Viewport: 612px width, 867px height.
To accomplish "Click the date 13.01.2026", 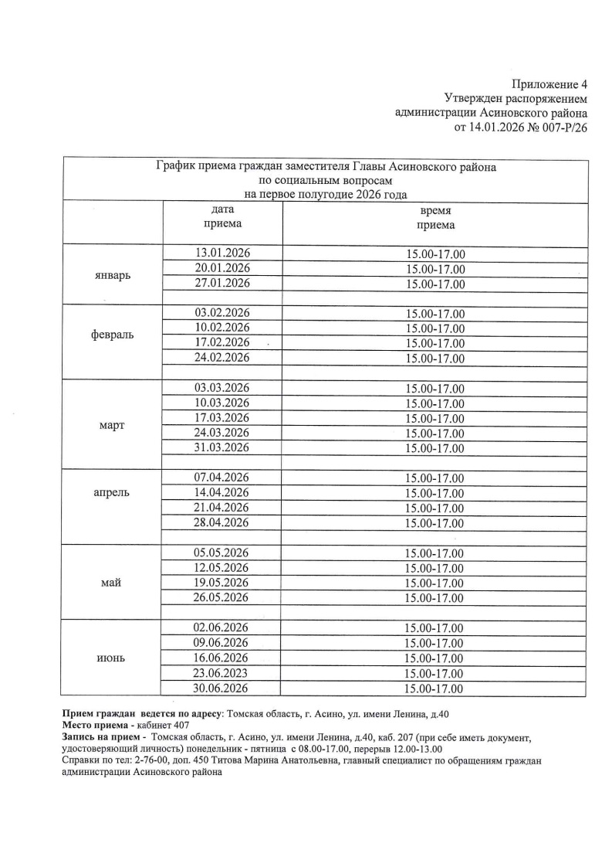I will (x=223, y=253).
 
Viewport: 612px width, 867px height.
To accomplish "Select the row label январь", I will (x=112, y=275).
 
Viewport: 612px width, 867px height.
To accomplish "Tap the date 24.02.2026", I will (x=223, y=358).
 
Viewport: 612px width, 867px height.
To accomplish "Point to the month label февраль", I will (x=112, y=335).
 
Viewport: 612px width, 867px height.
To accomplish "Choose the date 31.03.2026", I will (x=223, y=447).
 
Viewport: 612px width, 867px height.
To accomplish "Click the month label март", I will (x=112, y=426).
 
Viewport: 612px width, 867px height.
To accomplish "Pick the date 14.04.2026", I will (x=223, y=493).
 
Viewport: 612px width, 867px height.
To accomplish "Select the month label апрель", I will (x=112, y=492).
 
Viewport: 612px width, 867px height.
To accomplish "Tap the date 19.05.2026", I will (x=223, y=583).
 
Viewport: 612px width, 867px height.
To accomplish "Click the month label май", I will (x=112, y=583).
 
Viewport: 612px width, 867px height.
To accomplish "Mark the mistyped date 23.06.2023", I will (x=223, y=673).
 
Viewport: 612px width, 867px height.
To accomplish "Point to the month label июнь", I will (x=112, y=658).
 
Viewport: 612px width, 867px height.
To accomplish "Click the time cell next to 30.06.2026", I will (x=435, y=688).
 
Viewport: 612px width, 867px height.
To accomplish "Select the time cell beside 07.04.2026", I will (x=435, y=478).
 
